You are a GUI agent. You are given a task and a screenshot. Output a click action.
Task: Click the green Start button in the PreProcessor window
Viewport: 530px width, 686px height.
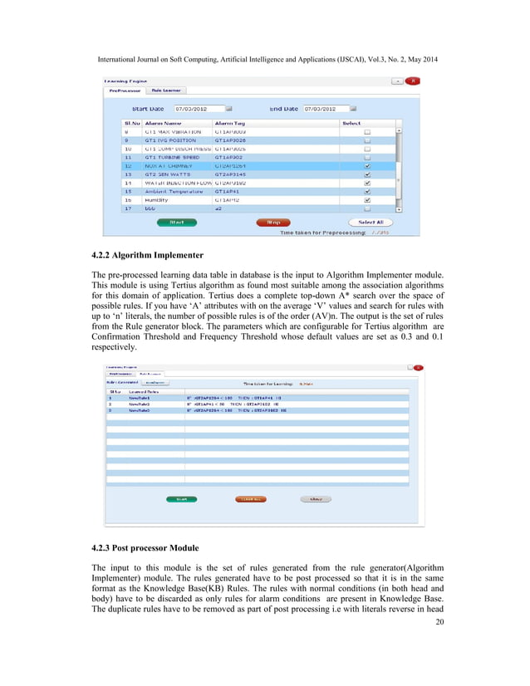click(176, 222)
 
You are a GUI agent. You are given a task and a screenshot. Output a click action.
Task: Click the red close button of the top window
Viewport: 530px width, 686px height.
click(412, 81)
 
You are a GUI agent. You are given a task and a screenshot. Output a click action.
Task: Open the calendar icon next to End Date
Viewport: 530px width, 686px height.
click(352, 109)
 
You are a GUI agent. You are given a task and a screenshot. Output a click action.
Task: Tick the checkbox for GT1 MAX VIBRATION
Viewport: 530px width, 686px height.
click(367, 132)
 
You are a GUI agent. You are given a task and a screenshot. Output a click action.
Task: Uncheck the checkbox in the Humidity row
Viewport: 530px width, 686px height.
click(367, 200)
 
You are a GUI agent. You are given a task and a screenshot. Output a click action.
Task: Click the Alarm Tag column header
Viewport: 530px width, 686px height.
click(230, 122)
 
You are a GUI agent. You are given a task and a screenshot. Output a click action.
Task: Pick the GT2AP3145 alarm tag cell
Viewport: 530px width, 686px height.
click(232, 174)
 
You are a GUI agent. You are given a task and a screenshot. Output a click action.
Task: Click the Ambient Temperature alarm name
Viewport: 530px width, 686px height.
click(174, 191)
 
